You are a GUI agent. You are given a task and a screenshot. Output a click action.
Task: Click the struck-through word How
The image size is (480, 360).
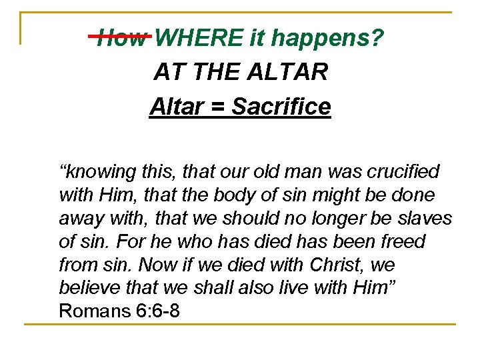[121, 39]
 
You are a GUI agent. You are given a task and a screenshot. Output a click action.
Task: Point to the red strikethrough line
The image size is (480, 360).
[121, 35]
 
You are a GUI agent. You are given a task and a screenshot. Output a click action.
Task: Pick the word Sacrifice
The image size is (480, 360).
[281, 106]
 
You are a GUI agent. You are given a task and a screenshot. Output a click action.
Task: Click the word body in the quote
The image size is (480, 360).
[250, 195]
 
